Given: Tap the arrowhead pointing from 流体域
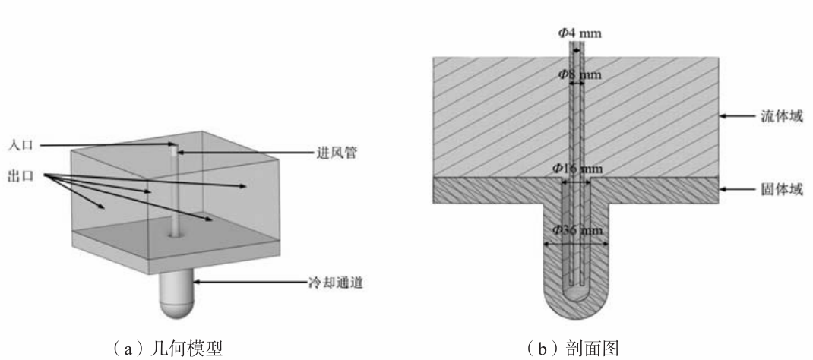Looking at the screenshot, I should pyautogui.click(x=723, y=116).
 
